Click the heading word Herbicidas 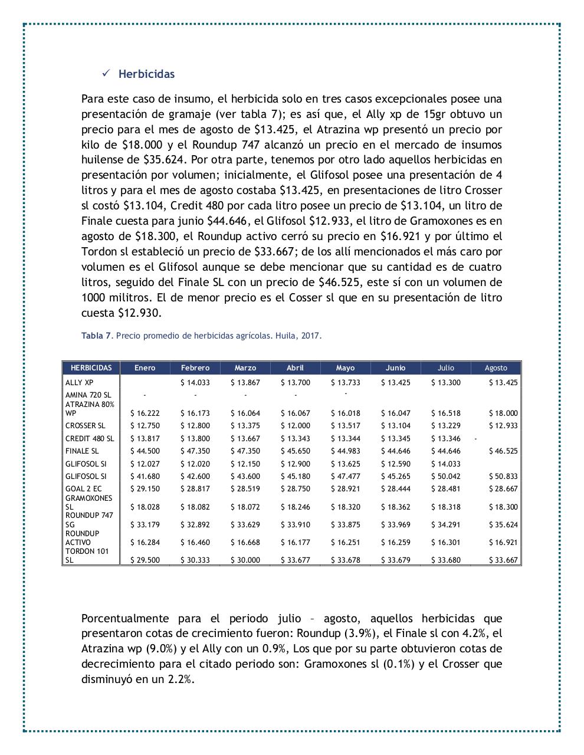click(146, 74)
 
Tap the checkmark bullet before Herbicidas click(106, 73)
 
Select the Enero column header click(145, 367)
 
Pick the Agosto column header click(496, 367)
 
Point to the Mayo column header click(345, 367)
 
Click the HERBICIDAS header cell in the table click(91, 367)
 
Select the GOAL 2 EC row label click(83, 489)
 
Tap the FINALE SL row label click(82, 451)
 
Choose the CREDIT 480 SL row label click(90, 439)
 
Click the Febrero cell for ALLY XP click(195, 383)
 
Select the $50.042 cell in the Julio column click(445, 477)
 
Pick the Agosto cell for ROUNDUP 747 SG click(503, 525)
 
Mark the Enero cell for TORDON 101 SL click(145, 560)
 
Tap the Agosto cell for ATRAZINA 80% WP click(503, 413)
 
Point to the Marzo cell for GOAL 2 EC click(245, 489)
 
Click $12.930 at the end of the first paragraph click(139, 313)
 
